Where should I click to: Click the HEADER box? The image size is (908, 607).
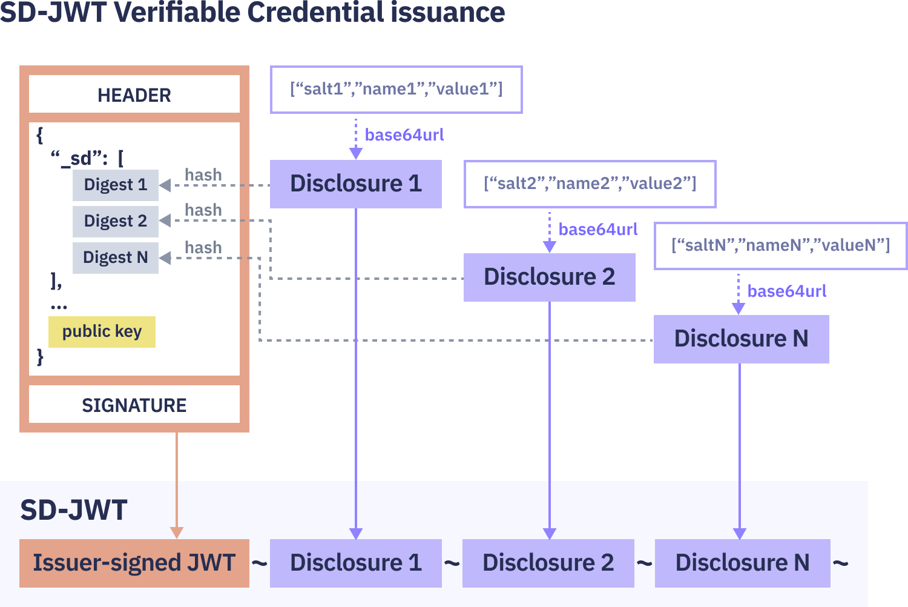click(x=134, y=95)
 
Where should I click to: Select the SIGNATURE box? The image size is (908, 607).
click(x=134, y=405)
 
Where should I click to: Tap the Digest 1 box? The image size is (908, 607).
click(x=115, y=185)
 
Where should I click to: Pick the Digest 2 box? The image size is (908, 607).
click(x=115, y=221)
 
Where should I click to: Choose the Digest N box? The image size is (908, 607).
click(x=115, y=257)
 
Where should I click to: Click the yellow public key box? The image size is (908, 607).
click(x=102, y=331)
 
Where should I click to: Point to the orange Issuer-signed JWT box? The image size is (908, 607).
click(x=134, y=563)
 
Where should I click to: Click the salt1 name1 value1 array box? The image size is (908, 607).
click(x=396, y=90)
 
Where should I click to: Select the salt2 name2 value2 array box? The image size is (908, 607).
click(x=590, y=184)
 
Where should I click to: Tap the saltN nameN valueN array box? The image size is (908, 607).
click(x=780, y=246)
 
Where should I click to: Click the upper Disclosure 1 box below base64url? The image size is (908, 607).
click(x=355, y=184)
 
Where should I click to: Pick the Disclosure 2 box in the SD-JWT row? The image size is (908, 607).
click(x=548, y=563)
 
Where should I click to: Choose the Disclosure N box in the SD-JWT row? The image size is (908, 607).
click(x=742, y=563)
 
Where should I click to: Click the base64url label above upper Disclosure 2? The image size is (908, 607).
click(x=597, y=230)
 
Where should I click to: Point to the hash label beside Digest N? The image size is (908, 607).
click(x=203, y=247)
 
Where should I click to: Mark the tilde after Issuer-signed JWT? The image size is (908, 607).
click(x=259, y=563)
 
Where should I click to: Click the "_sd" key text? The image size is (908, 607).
click(x=79, y=159)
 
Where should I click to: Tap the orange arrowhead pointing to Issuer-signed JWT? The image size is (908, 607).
click(x=177, y=532)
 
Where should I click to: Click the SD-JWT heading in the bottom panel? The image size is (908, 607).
click(x=73, y=510)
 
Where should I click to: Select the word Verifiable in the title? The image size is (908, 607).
click(x=177, y=12)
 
